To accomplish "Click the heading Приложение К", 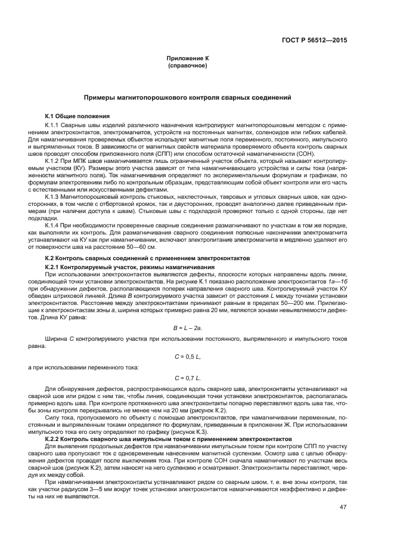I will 187,58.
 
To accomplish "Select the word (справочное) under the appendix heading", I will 187,65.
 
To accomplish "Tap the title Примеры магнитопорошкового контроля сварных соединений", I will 187,97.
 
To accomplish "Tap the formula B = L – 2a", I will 187,328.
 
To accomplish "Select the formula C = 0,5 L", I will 187,356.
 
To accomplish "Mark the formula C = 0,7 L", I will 187,378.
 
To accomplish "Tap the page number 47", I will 342,508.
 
